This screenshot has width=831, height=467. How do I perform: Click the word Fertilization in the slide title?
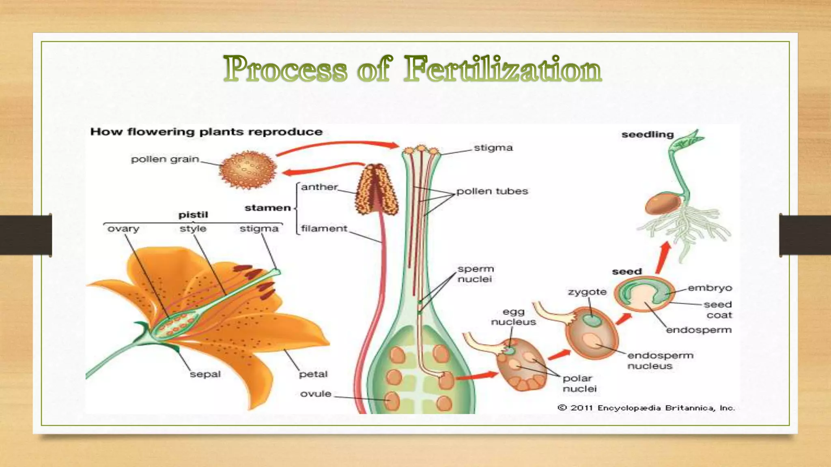point(502,69)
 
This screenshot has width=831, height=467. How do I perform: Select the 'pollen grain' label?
point(165,159)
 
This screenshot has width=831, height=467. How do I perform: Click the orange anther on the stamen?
point(377,191)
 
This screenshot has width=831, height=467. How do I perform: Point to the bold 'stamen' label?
point(267,208)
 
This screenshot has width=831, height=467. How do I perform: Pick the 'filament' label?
point(324,229)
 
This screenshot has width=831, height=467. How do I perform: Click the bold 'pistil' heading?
point(193,215)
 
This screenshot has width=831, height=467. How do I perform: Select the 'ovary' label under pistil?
point(123,229)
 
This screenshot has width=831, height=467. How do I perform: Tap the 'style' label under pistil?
point(193,229)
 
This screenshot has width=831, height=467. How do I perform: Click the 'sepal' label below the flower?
point(205,374)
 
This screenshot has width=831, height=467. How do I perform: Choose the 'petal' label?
point(313,374)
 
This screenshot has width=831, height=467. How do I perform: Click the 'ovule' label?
point(315,394)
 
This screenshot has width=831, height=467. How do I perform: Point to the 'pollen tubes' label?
point(492,191)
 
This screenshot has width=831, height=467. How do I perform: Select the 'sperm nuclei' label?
point(475,274)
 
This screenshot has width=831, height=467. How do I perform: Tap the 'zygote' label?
point(587,292)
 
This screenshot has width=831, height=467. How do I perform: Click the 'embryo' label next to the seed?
point(710,288)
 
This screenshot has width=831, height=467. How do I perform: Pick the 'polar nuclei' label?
point(579,383)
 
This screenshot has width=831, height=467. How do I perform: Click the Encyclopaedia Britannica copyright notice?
point(646,408)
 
